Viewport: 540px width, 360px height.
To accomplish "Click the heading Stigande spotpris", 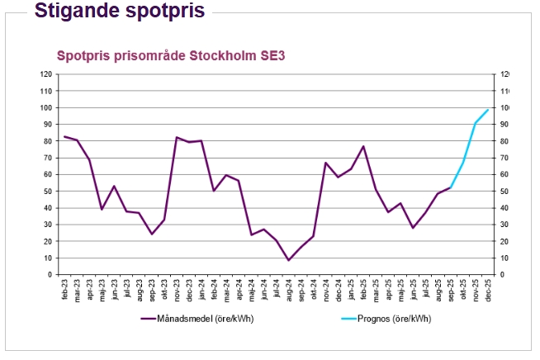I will coord(119,11).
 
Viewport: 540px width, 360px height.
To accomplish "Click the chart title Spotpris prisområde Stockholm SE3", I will coord(171,56).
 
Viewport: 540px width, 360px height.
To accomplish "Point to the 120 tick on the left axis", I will coord(47,74).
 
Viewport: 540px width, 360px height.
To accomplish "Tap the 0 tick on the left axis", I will coord(50,274).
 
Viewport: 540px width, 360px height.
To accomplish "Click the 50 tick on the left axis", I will coord(49,191).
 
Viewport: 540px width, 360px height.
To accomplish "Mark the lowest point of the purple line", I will coord(288,260).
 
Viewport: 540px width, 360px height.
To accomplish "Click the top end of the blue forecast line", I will coord(488,110).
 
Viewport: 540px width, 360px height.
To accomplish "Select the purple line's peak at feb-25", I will coord(363,146).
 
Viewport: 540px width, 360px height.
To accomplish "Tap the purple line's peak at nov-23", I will coord(177,137).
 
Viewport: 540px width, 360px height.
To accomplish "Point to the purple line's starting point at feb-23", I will coord(65,136).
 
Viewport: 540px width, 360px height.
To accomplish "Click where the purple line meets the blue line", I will coord(451,187).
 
